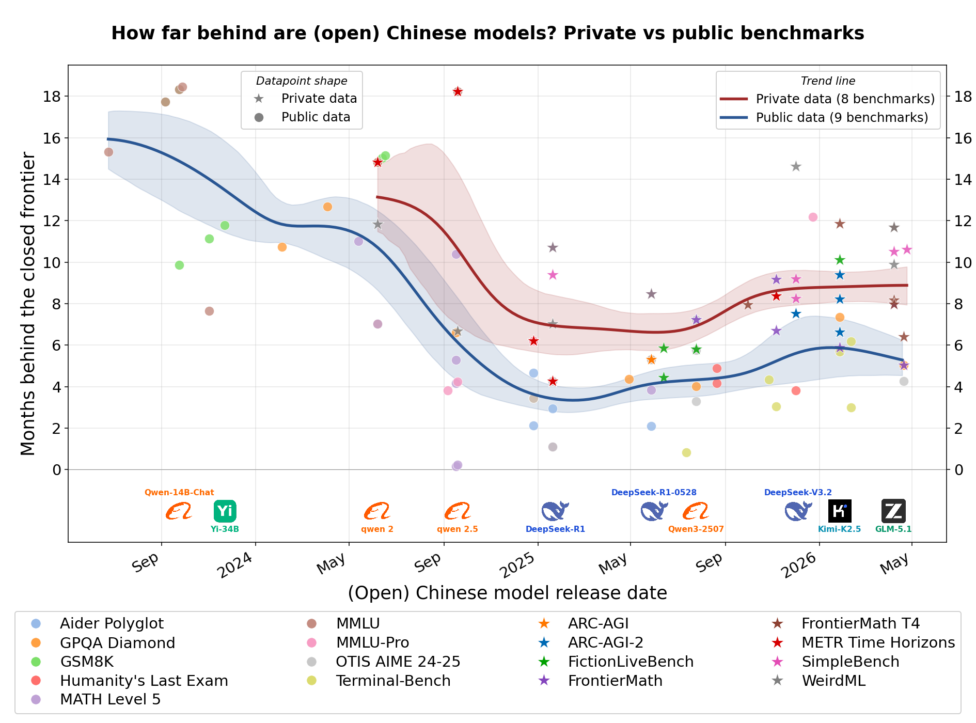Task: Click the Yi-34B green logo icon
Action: [225, 511]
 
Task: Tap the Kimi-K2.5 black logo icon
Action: [840, 511]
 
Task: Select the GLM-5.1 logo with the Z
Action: [893, 511]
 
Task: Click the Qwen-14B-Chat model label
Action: [179, 493]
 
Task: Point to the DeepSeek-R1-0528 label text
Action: [654, 493]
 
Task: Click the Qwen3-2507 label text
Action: [696, 529]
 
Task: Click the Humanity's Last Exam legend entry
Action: [129, 681]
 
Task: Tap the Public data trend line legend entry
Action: [824, 118]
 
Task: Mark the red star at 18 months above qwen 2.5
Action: [458, 91]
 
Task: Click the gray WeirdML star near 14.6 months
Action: [796, 166]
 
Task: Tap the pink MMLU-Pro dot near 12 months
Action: [813, 217]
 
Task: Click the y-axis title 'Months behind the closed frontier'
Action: [28, 304]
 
